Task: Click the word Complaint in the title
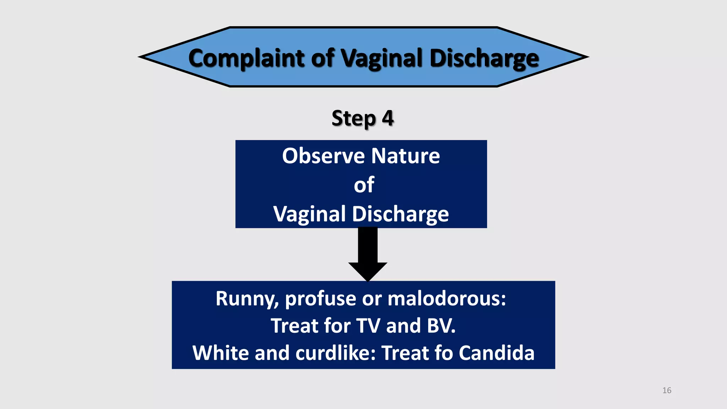246,58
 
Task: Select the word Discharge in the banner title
484,58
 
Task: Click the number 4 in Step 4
388,118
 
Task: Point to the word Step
353,118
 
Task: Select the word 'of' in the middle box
364,185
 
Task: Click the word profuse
320,299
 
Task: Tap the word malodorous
447,299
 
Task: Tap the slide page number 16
667,391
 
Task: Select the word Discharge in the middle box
400,214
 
